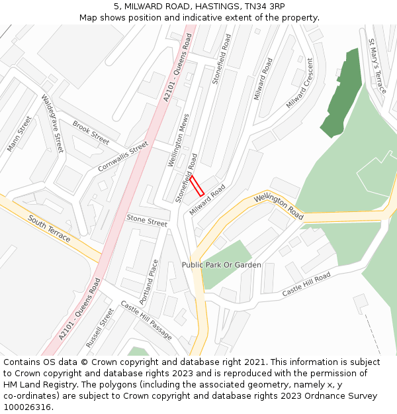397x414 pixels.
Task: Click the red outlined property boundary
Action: [197, 185]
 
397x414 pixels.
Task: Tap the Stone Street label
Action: [147, 220]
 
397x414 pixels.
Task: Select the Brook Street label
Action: [91, 132]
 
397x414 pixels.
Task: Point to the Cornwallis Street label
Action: [122, 157]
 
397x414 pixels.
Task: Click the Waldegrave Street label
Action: [52, 123]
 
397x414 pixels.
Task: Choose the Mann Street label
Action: [19, 134]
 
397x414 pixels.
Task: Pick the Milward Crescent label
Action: [300, 83]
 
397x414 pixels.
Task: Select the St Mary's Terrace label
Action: [377, 66]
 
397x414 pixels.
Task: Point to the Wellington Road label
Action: [279, 207]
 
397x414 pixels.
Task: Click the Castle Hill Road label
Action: [306, 284]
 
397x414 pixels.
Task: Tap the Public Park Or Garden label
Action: [222, 265]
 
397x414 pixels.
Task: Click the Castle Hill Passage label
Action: [146, 320]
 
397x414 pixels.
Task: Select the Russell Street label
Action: [100, 327]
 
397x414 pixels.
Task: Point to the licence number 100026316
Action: [28, 407]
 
